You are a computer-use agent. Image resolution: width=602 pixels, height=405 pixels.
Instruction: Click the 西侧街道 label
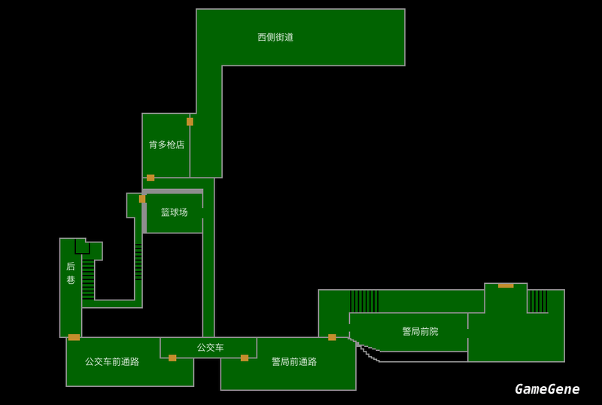point(275,37)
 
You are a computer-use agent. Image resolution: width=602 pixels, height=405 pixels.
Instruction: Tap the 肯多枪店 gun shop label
point(166,145)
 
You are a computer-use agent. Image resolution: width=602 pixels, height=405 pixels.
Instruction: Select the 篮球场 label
point(174,212)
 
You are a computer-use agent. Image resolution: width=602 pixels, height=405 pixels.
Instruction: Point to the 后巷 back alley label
point(71,273)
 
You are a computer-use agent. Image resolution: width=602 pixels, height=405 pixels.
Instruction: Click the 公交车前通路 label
point(112,361)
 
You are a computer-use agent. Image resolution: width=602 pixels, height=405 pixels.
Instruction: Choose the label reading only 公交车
point(210,347)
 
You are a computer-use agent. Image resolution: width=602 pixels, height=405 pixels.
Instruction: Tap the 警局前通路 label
point(294,361)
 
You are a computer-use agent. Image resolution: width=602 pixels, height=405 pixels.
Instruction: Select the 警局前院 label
point(420,331)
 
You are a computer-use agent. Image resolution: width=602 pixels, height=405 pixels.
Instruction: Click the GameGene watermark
point(547,388)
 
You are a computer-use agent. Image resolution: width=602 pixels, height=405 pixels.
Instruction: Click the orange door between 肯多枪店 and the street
point(190,121)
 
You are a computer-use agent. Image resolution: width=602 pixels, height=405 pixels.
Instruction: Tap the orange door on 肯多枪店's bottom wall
point(150,178)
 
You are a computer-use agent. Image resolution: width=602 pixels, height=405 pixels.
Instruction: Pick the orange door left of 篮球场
point(142,199)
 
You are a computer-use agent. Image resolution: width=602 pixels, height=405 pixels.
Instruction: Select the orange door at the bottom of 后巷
point(74,337)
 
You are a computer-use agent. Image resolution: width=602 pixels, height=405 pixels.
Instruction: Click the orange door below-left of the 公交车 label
point(172,358)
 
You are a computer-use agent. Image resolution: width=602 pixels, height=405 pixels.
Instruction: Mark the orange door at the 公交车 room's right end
point(245,358)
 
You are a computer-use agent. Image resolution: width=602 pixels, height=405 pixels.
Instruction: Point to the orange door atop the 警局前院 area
point(506,285)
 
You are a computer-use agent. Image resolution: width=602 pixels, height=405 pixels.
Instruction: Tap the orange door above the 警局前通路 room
point(332,337)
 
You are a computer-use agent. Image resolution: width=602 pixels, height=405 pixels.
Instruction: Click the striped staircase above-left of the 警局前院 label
point(364,301)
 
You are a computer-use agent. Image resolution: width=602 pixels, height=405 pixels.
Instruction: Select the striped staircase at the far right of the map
point(537,301)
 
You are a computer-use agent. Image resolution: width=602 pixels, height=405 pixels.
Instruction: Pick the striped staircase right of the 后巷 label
point(88,279)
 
